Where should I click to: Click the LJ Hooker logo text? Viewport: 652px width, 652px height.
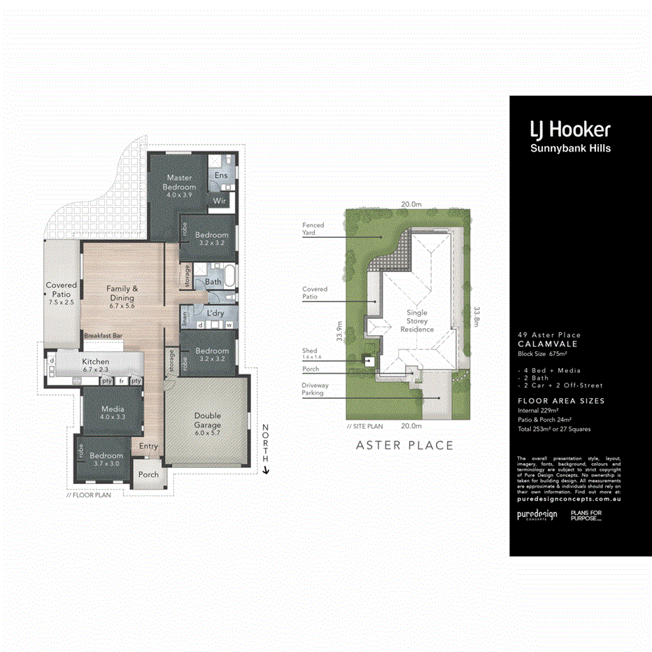569,129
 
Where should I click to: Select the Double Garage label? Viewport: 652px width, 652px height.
207,420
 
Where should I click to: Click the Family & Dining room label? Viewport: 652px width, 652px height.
122,293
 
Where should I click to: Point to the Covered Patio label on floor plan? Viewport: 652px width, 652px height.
62,290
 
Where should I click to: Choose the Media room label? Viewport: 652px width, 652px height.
113,412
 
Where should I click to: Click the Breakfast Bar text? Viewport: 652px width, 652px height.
104,336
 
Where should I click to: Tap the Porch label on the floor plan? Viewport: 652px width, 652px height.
148,474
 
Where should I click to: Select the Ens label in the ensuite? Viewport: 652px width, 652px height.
221,175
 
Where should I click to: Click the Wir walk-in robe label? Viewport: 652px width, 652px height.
219,201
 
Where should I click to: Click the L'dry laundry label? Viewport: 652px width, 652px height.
215,313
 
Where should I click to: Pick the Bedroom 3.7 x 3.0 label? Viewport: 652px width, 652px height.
106,460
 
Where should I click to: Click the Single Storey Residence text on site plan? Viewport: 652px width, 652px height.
417,321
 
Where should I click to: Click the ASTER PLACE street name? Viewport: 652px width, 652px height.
404,446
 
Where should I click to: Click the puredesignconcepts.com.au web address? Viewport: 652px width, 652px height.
568,499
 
